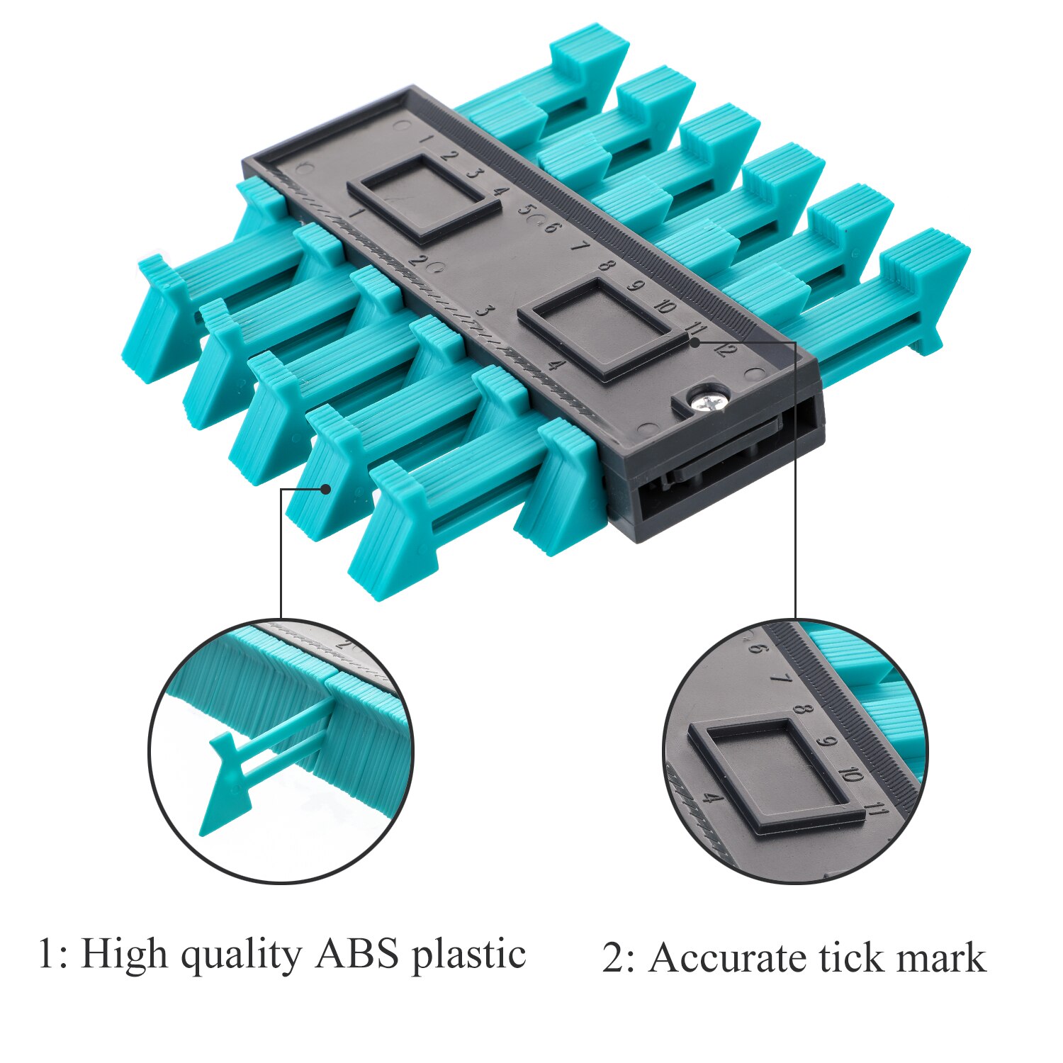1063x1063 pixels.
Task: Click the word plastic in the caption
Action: click(x=469, y=955)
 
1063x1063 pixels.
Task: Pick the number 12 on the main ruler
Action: click(x=726, y=349)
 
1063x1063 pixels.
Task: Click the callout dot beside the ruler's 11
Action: click(x=695, y=342)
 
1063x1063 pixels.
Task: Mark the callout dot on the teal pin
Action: click(x=326, y=489)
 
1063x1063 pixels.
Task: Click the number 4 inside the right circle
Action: click(x=713, y=799)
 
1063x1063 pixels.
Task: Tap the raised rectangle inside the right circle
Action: click(x=777, y=776)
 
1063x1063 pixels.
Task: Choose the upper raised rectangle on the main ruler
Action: click(x=423, y=199)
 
